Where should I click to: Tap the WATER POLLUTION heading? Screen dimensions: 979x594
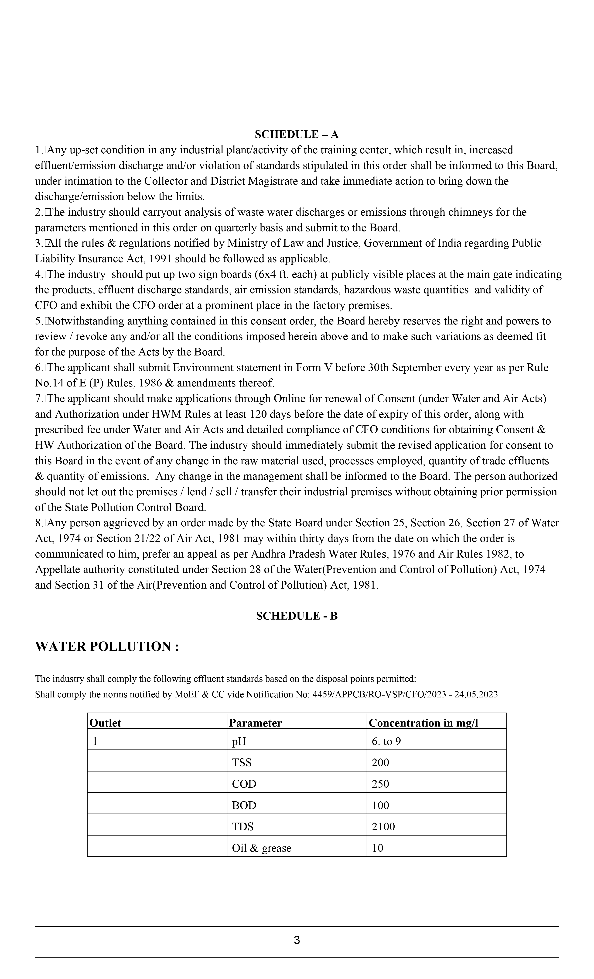pyautogui.click(x=107, y=647)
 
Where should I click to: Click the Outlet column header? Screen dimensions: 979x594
pyautogui.click(x=105, y=723)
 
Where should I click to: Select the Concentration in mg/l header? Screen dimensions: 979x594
pyautogui.click(x=423, y=723)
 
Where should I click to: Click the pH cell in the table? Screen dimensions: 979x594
pyautogui.click(x=239, y=741)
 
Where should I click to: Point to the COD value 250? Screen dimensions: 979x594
pyautogui.click(x=380, y=784)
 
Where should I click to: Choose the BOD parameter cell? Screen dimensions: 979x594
pyautogui.click(x=244, y=805)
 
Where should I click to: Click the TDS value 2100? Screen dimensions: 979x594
pyautogui.click(x=383, y=827)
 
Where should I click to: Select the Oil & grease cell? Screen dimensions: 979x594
pyautogui.click(x=262, y=848)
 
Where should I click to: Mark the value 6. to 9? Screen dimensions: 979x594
pyautogui.click(x=386, y=741)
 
